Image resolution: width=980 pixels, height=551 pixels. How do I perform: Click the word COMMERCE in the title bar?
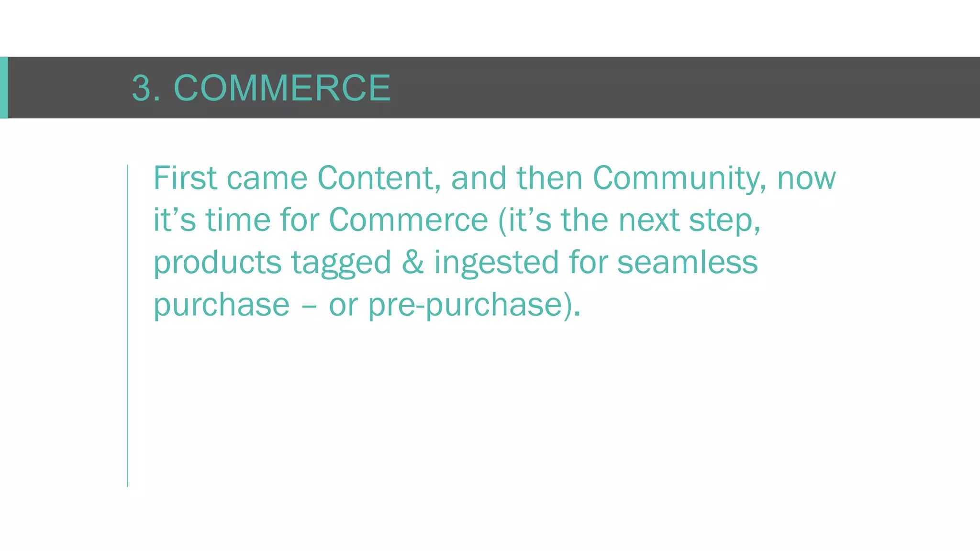point(282,88)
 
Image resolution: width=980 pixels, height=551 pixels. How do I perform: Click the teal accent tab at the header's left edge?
point(3,88)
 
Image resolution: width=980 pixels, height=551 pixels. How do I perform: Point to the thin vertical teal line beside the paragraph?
point(127,325)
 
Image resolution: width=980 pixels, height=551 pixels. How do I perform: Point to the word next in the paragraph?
point(648,220)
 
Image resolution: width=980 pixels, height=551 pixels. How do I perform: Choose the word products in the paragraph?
point(217,263)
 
